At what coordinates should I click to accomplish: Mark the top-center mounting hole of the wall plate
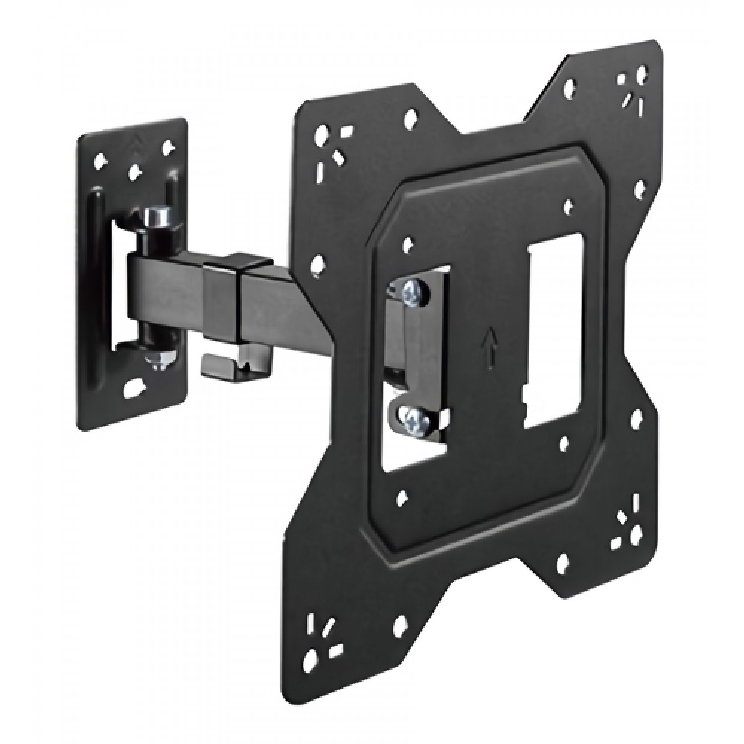point(134,171)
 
